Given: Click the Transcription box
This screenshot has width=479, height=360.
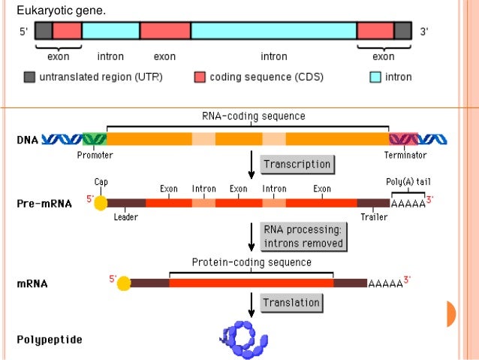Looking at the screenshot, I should click(x=297, y=164).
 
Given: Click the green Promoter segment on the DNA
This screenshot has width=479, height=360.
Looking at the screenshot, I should click(x=95, y=139).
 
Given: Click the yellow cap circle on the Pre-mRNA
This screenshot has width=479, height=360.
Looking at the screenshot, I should click(x=101, y=203).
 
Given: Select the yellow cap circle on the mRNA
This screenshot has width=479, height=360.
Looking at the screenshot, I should click(x=124, y=283).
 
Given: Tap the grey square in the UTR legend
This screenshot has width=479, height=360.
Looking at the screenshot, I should click(x=29, y=77).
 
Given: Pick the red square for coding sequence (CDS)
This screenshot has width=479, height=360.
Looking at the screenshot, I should click(x=200, y=77).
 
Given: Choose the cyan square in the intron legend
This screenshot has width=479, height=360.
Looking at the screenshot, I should click(x=375, y=77).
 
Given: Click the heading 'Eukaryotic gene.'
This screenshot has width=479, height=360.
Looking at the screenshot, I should click(x=61, y=11).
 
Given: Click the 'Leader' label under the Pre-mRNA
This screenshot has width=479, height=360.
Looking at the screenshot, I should click(x=125, y=218).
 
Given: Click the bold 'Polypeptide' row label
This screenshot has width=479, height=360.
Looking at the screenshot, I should click(x=50, y=340).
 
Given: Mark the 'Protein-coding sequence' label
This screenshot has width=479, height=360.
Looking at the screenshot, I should click(x=252, y=262).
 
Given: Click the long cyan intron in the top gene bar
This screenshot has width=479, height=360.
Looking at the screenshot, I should click(x=273, y=30).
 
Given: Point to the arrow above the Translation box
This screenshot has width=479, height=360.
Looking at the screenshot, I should click(x=252, y=302).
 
